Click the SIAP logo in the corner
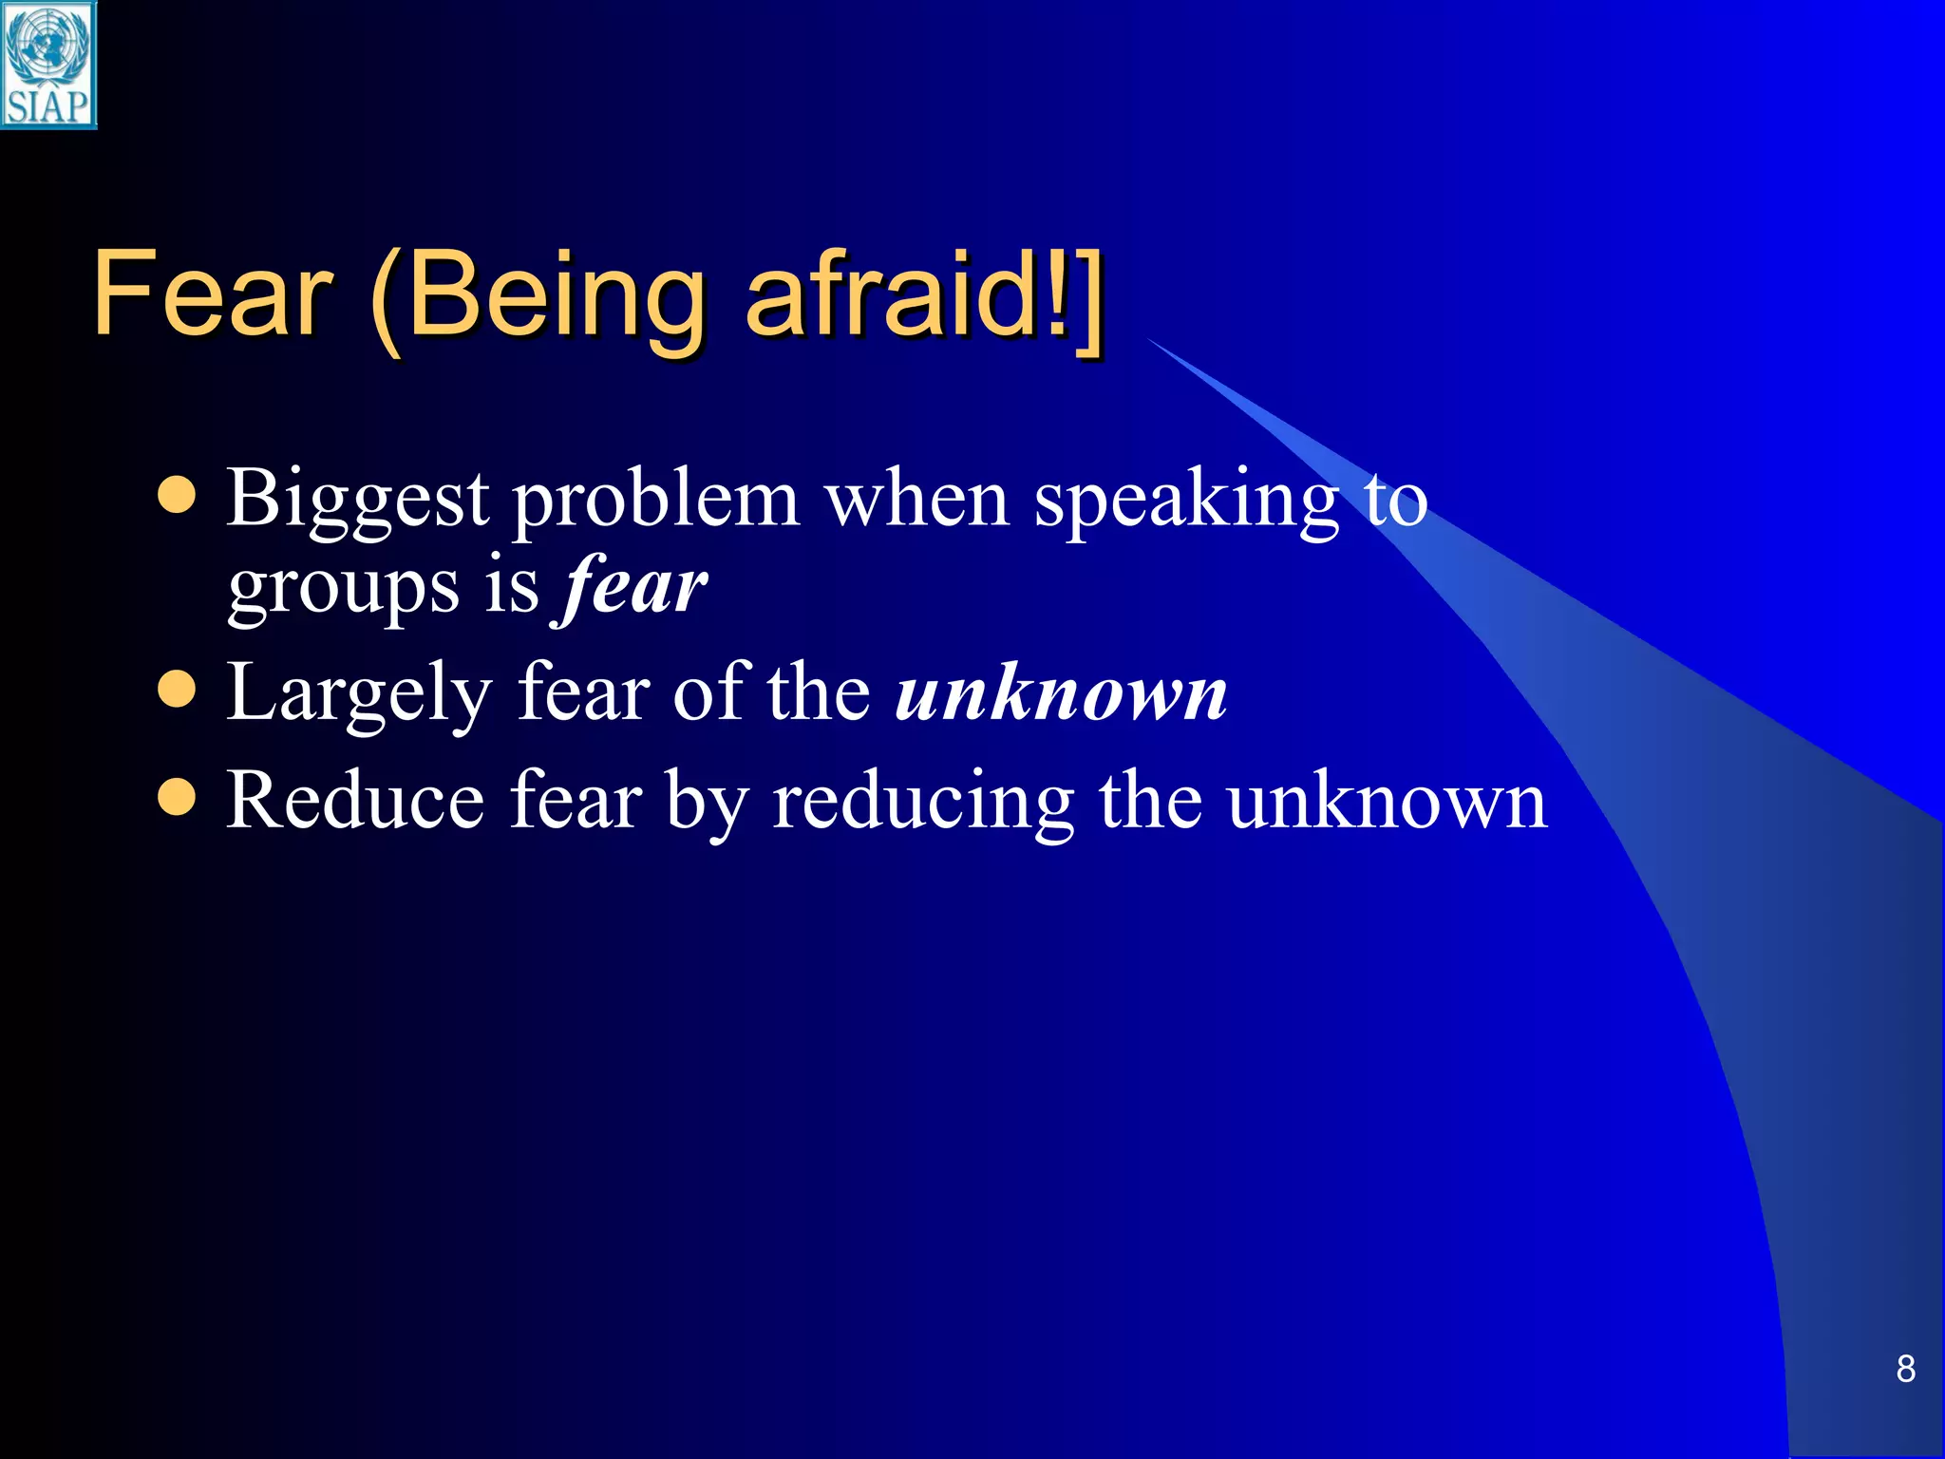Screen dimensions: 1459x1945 47,65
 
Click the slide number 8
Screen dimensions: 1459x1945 1904,1369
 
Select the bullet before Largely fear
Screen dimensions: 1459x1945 177,691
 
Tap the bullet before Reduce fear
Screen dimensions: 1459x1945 177,798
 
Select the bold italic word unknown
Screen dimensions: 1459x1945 1061,694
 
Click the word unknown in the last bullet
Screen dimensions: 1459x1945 1387,802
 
